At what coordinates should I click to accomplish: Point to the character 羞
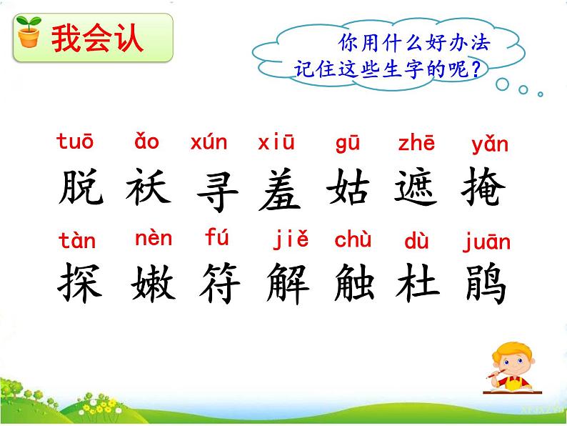point(280,190)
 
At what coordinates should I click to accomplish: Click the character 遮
point(416,189)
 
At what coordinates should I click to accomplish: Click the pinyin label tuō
point(75,142)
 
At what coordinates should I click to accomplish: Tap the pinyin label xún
point(209,142)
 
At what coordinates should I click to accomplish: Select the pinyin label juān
point(486,242)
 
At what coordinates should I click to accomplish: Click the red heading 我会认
point(97,39)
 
